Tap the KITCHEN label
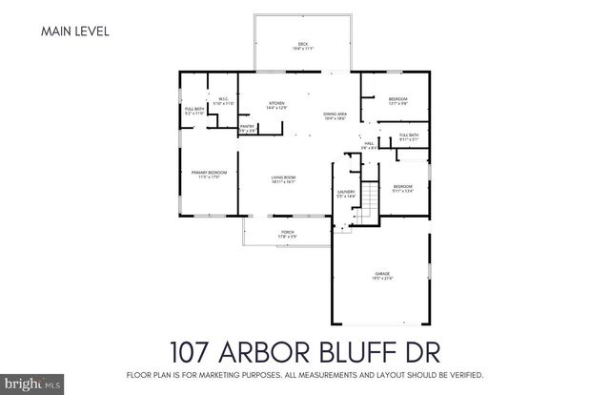[x=276, y=104]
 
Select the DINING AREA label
[x=335, y=114]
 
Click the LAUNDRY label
[x=345, y=193]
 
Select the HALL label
[x=368, y=144]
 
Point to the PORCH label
[x=285, y=232]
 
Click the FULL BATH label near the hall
[x=408, y=135]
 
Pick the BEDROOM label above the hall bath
[x=397, y=100]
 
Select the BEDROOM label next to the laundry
[x=403, y=187]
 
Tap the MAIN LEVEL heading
[x=75, y=31]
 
